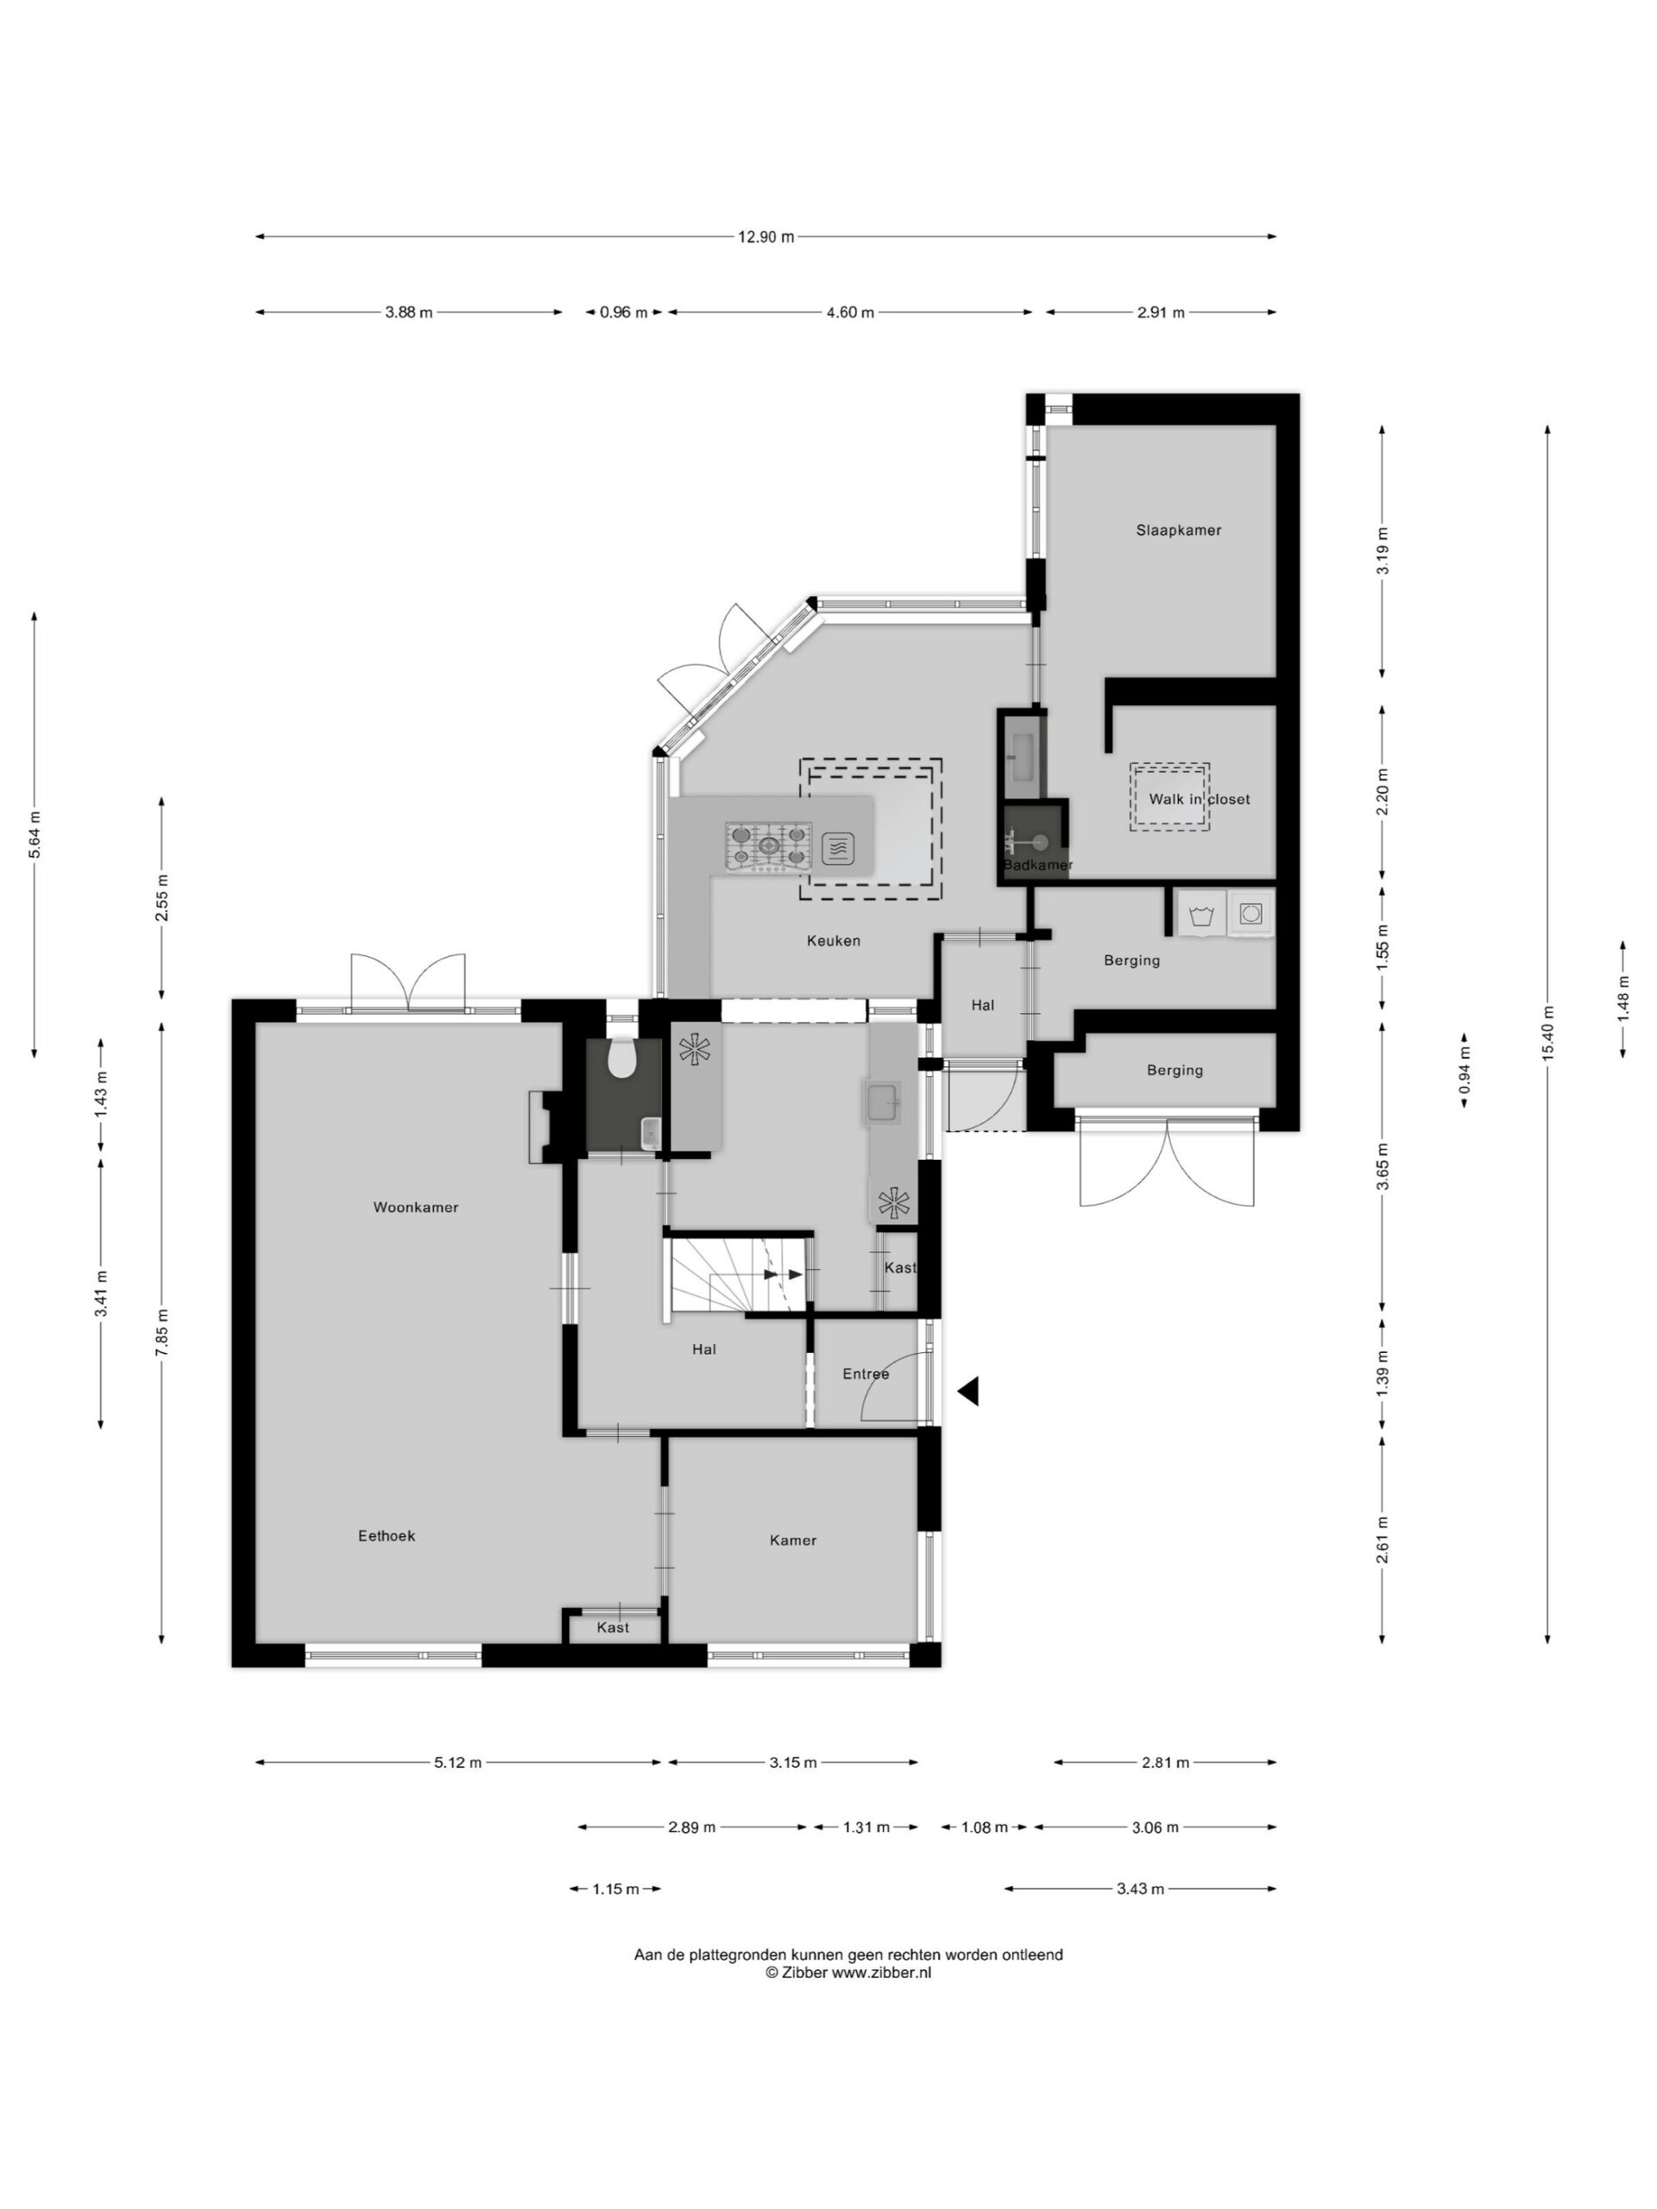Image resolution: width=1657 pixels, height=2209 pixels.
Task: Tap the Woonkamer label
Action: point(415,1207)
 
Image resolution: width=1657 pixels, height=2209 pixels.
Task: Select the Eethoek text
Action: point(387,1536)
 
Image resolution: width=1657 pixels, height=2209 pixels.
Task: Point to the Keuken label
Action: point(833,941)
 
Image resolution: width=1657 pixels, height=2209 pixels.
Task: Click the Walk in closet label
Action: point(1199,799)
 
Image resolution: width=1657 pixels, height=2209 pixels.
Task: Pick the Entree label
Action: point(865,1374)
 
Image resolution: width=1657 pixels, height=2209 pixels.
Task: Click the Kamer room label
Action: point(793,1541)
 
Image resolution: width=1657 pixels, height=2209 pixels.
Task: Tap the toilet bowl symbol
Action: point(622,1059)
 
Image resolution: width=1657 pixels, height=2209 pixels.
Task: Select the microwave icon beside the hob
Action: point(838,849)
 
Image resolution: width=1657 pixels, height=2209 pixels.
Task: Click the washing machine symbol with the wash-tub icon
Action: point(1201,914)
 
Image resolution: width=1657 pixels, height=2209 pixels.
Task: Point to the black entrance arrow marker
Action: point(967,1391)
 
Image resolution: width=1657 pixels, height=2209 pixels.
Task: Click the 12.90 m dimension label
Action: point(766,237)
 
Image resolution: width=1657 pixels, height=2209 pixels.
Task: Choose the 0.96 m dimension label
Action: point(623,312)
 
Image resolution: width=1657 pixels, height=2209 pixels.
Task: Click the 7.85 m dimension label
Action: point(161,1331)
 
